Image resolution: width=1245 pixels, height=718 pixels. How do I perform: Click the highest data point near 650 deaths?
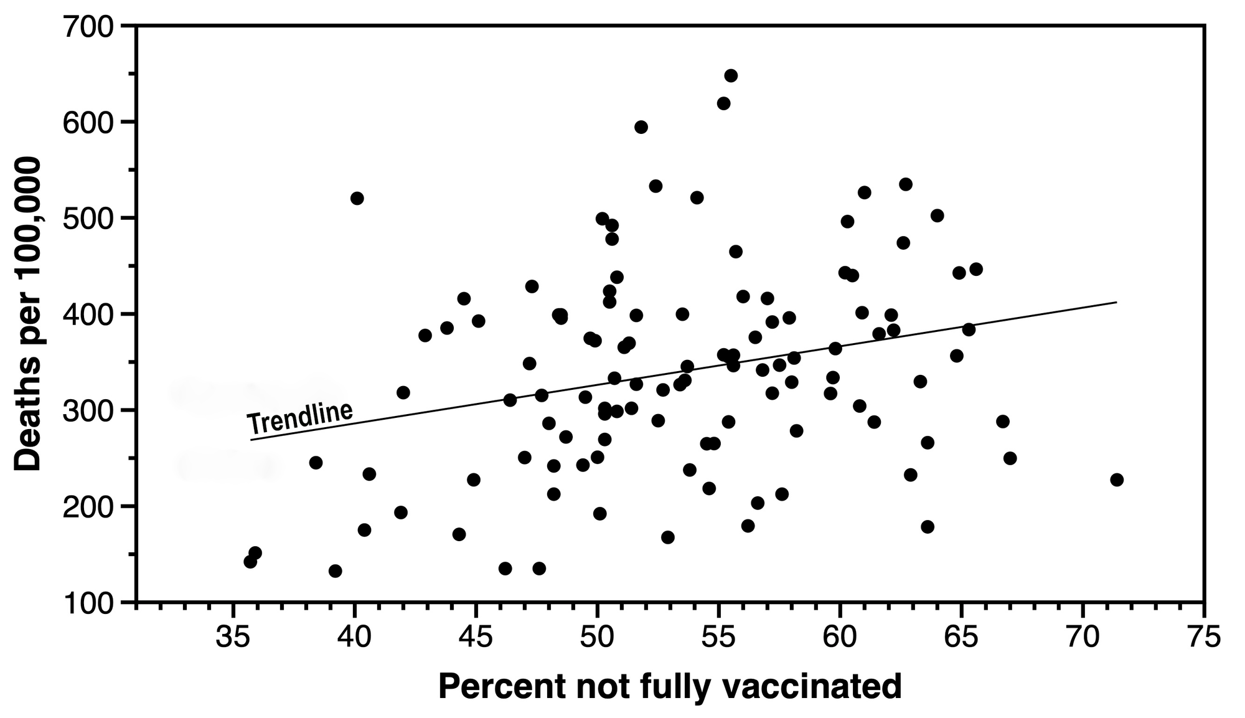click(731, 75)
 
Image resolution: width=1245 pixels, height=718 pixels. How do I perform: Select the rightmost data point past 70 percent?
click(1117, 479)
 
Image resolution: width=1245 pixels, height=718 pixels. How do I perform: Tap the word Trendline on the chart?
click(300, 417)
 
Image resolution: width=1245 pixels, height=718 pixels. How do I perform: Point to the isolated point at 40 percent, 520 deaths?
click(357, 198)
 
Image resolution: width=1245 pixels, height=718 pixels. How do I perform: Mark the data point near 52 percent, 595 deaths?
click(641, 127)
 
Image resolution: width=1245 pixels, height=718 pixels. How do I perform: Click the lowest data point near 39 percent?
click(335, 571)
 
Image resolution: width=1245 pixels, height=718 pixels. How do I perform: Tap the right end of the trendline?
click(1116, 303)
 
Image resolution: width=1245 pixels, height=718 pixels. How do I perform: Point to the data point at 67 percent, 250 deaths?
click(1010, 458)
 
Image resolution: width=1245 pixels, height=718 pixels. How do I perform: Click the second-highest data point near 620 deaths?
click(723, 103)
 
